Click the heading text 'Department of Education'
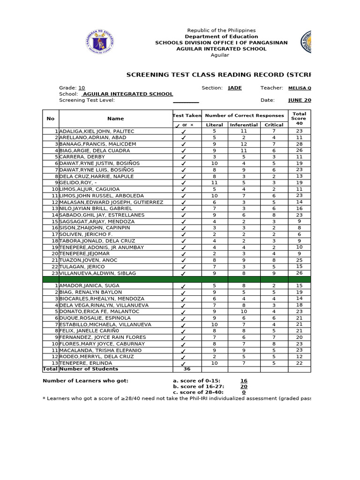[221, 37]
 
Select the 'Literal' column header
[215, 125]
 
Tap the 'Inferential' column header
[244, 125]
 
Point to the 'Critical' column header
[274, 125]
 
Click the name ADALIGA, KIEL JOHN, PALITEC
[97, 131]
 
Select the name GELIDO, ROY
[77, 183]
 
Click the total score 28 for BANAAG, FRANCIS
[299, 144]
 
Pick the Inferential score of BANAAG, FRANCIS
[244, 144]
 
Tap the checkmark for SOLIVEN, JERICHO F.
[184, 234]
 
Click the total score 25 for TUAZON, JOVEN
[299, 260]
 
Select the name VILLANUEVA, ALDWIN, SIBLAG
[97, 273]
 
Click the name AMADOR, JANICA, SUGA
[89, 285]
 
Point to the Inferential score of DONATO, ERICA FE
[244, 311]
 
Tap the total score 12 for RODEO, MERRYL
[299, 357]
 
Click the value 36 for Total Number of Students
[187, 369]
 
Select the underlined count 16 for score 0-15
[244, 381]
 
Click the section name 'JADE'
[235, 88]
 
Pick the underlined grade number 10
[82, 88]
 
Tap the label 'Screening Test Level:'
[87, 100]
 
